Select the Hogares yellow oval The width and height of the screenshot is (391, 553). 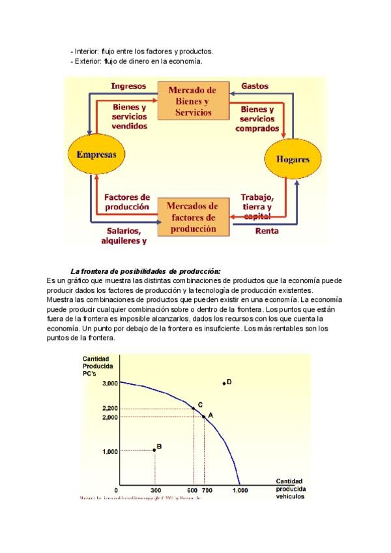tap(293, 159)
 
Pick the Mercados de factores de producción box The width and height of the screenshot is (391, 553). tap(194, 218)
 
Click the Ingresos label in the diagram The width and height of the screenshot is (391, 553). tap(128, 85)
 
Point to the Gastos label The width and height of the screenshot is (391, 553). tap(255, 85)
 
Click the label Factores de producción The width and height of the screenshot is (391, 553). tap(127, 202)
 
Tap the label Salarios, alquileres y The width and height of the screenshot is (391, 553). tap(123, 235)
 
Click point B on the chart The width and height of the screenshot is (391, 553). tap(154, 449)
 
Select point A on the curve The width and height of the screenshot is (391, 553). tap(204, 416)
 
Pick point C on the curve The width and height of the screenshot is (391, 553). tap(194, 408)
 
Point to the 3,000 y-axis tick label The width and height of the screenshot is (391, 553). tap(109, 383)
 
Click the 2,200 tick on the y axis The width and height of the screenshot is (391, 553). tap(109, 408)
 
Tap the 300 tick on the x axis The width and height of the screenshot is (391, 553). tap(155, 490)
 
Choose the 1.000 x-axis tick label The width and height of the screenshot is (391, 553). tap(240, 490)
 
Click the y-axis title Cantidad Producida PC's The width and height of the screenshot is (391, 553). tap(96, 366)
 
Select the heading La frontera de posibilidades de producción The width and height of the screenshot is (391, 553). tap(145, 271)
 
